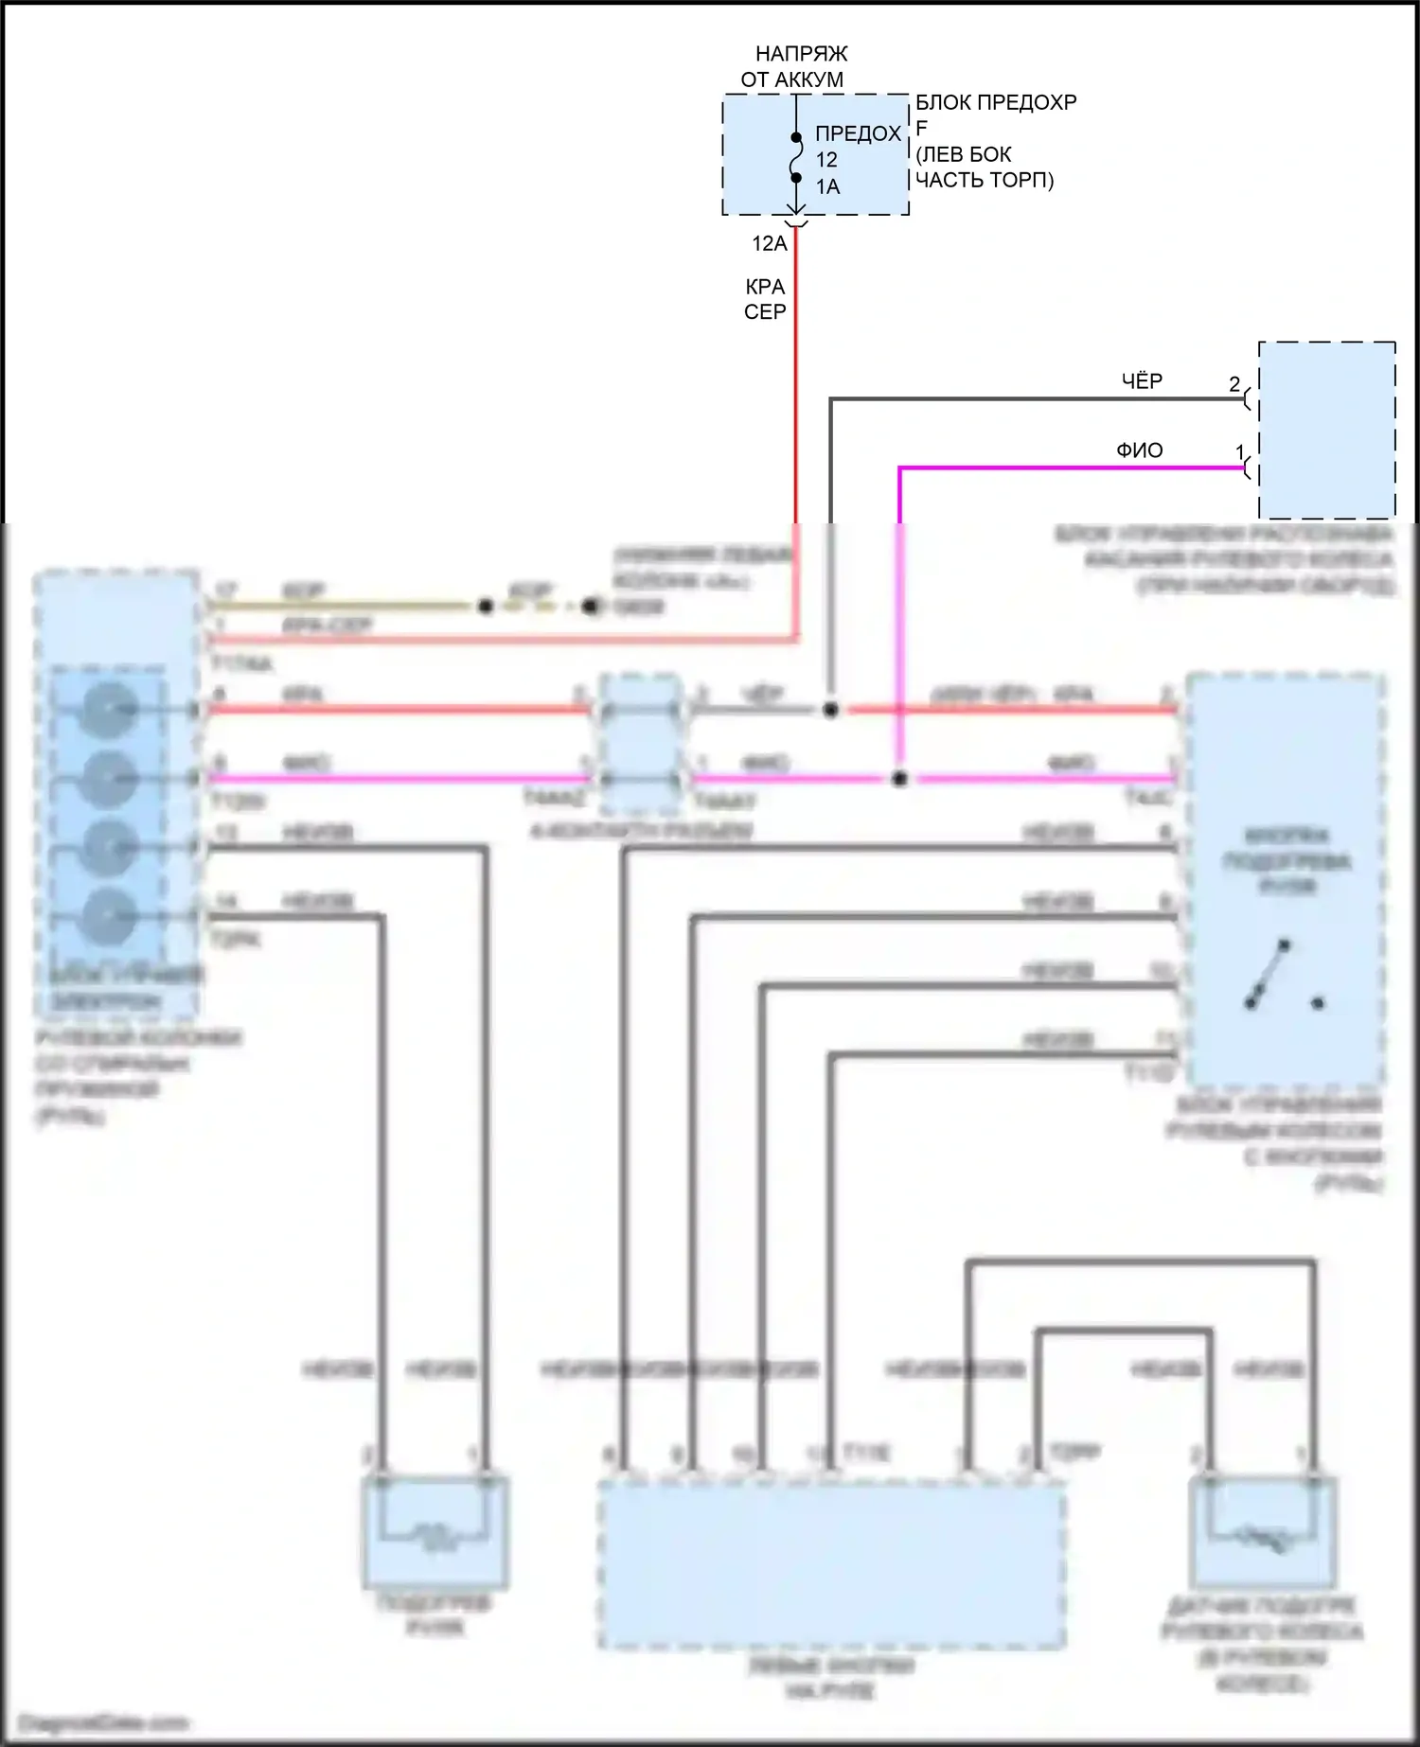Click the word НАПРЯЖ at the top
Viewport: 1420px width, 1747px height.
(x=801, y=54)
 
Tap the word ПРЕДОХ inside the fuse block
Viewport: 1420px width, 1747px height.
(x=858, y=133)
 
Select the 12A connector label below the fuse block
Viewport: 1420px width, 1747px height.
(x=769, y=243)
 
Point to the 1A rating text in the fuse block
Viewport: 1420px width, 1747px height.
(x=827, y=186)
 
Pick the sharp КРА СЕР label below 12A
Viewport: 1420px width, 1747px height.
(x=765, y=299)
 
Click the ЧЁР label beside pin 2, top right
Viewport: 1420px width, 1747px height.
(x=1142, y=380)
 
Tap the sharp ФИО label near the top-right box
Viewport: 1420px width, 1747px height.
(x=1140, y=450)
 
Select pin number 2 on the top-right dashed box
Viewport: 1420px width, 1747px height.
(x=1234, y=384)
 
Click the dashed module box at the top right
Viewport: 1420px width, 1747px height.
(x=1326, y=431)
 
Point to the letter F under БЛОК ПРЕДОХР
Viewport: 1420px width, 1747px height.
(x=921, y=128)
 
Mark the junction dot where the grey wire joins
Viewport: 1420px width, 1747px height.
(x=830, y=709)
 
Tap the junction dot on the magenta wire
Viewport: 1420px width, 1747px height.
(x=899, y=779)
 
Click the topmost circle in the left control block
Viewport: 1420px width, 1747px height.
(x=111, y=709)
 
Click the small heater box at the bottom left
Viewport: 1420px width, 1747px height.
(x=435, y=1532)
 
